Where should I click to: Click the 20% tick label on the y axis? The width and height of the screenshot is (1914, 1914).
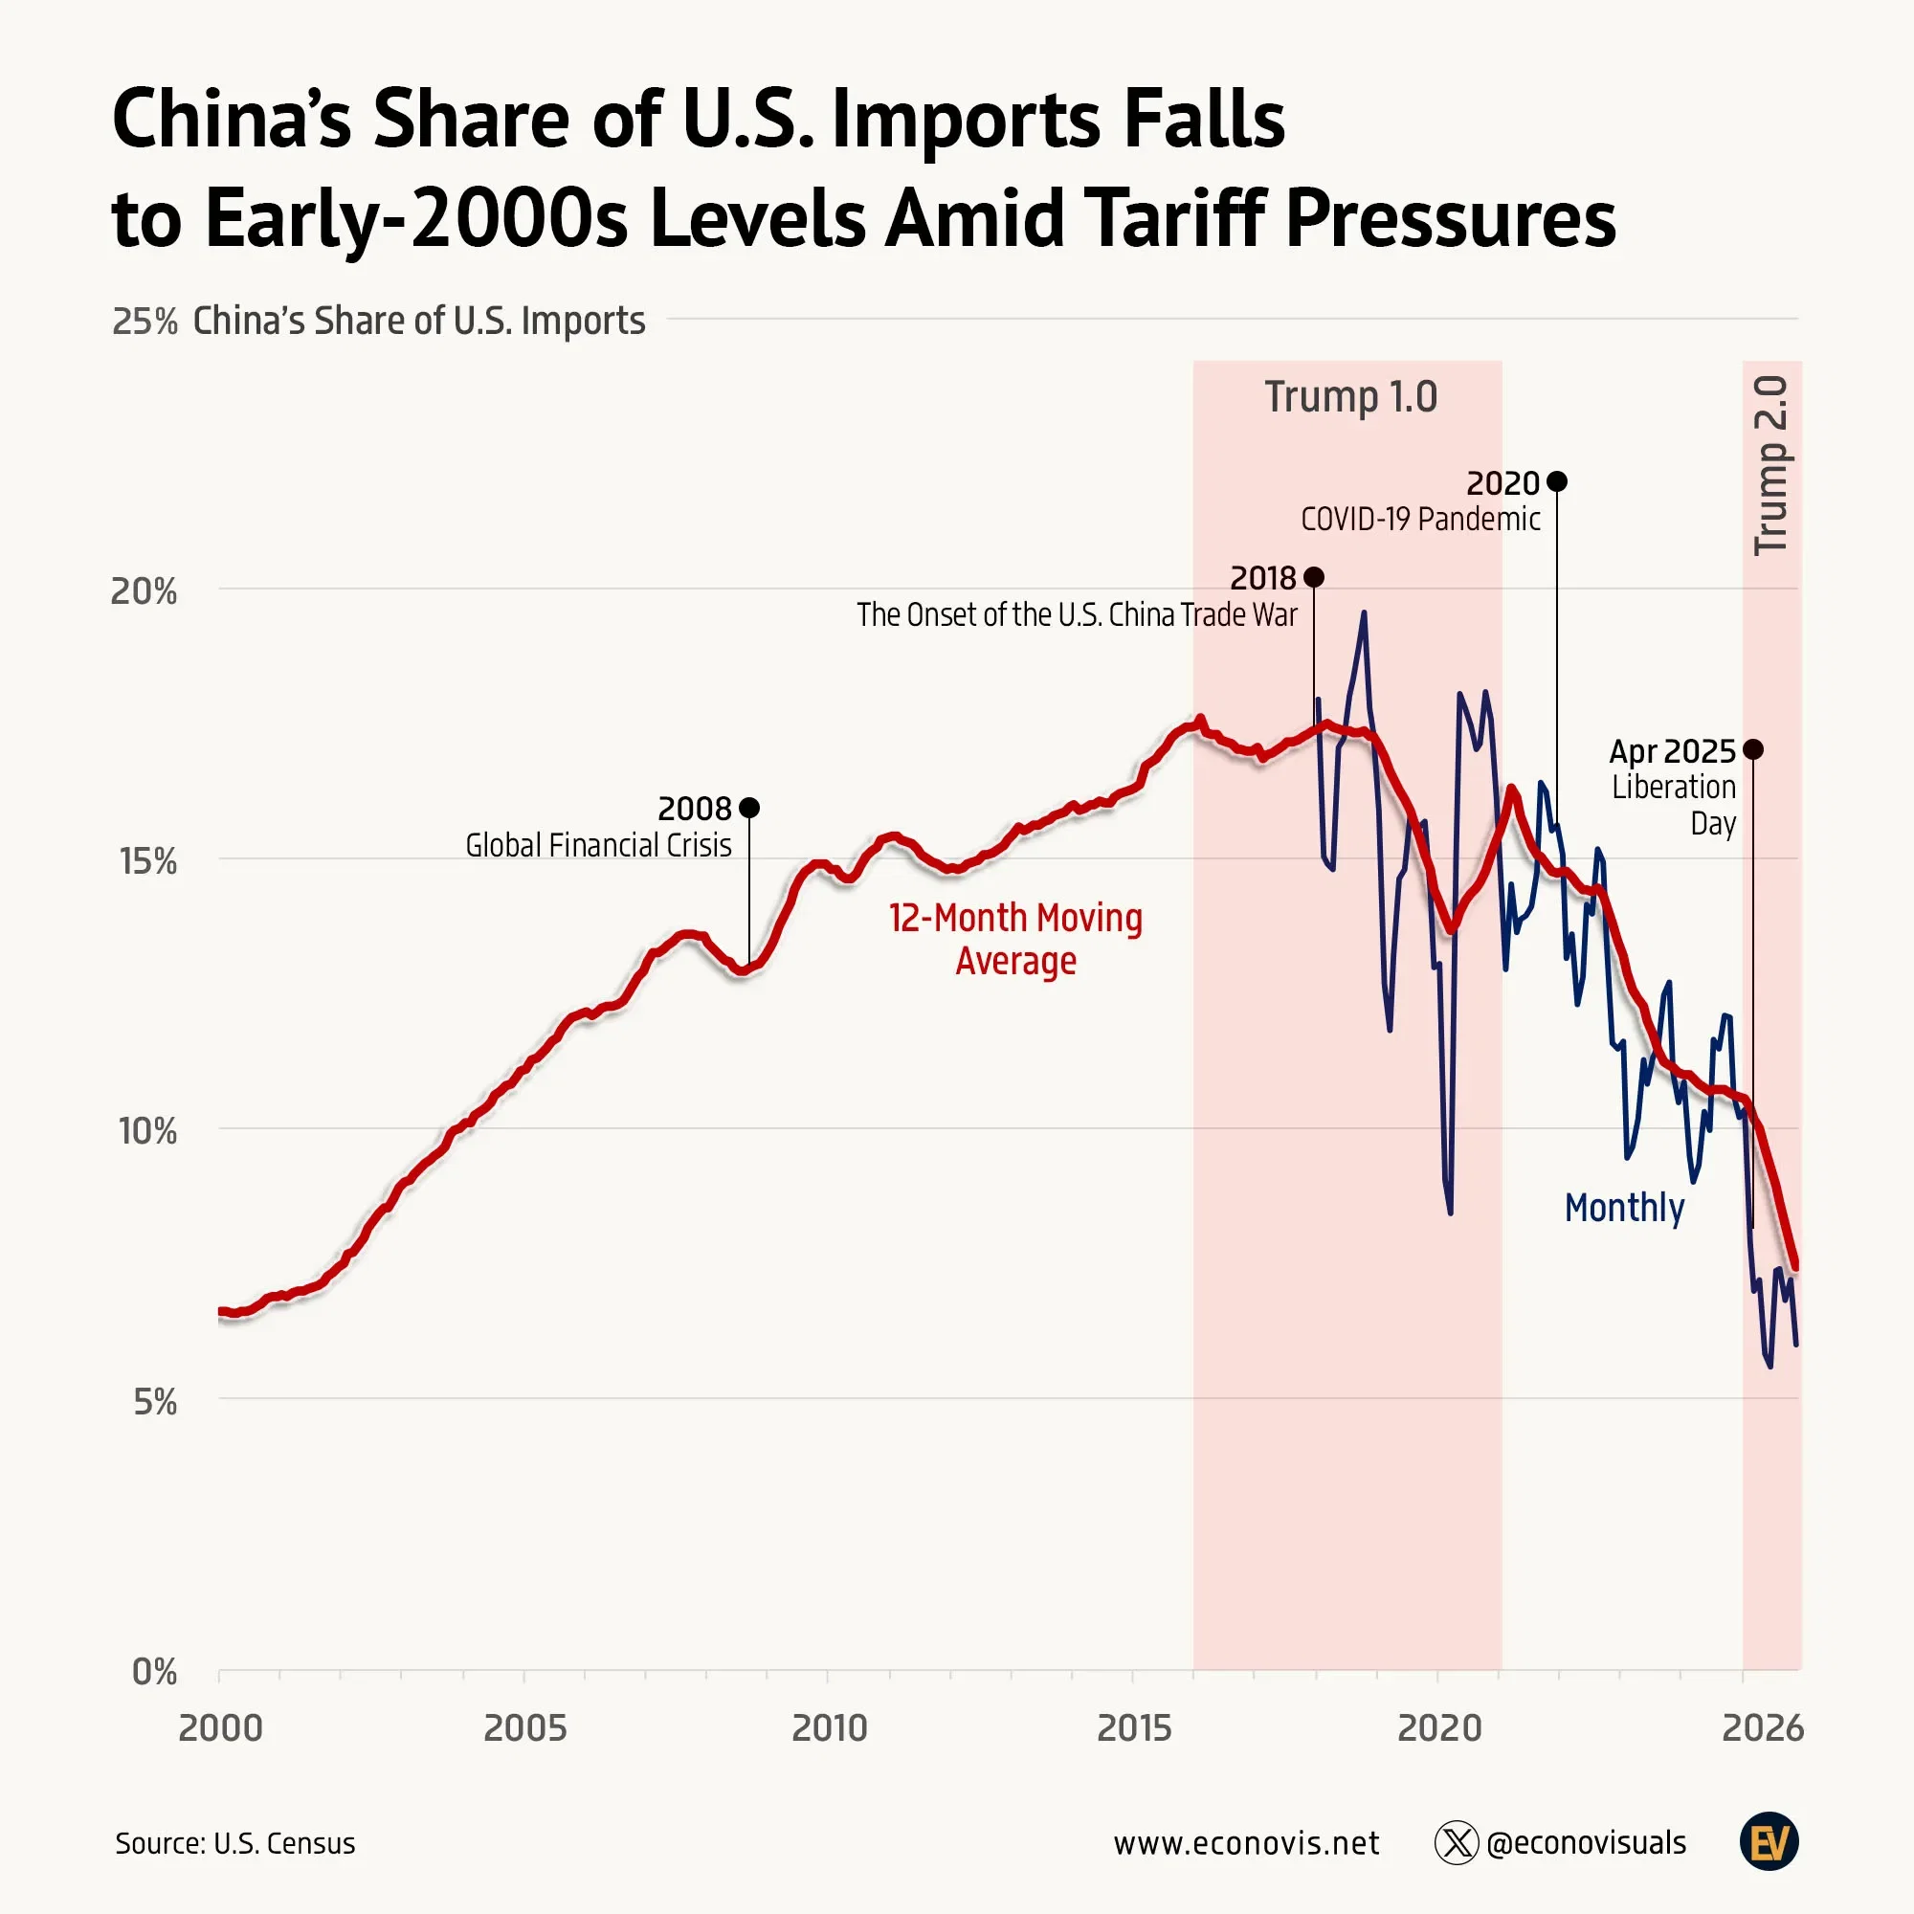pyautogui.click(x=144, y=591)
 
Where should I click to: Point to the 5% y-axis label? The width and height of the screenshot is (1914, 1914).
pyautogui.click(x=154, y=1402)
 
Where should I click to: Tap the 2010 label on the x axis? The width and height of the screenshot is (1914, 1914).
pyautogui.click(x=829, y=1727)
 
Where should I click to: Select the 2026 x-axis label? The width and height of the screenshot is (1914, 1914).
pyautogui.click(x=1763, y=1727)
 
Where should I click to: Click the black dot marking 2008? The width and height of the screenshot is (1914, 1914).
pyautogui.click(x=749, y=808)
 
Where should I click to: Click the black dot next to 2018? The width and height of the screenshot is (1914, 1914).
pyautogui.click(x=1314, y=576)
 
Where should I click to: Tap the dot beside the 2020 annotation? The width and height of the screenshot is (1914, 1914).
pyautogui.click(x=1556, y=481)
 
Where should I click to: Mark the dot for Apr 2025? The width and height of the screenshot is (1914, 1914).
pyautogui.click(x=1752, y=749)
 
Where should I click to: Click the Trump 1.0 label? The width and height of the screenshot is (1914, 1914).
pyautogui.click(x=1350, y=397)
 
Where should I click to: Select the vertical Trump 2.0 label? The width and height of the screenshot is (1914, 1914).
pyautogui.click(x=1771, y=466)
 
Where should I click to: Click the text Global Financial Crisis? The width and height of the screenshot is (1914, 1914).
pyautogui.click(x=598, y=845)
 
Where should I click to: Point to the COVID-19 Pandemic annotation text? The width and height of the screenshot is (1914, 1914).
pyautogui.click(x=1419, y=519)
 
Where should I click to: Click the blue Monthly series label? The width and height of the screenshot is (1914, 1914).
pyautogui.click(x=1624, y=1208)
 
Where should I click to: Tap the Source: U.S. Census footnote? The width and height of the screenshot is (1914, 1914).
pyautogui.click(x=234, y=1844)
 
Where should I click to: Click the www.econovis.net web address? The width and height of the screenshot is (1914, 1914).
pyautogui.click(x=1246, y=1844)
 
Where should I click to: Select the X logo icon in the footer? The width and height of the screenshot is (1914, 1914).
pyautogui.click(x=1457, y=1844)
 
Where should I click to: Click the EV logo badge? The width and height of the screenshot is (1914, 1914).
pyautogui.click(x=1769, y=1842)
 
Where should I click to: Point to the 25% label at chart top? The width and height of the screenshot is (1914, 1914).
pyautogui.click(x=145, y=321)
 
